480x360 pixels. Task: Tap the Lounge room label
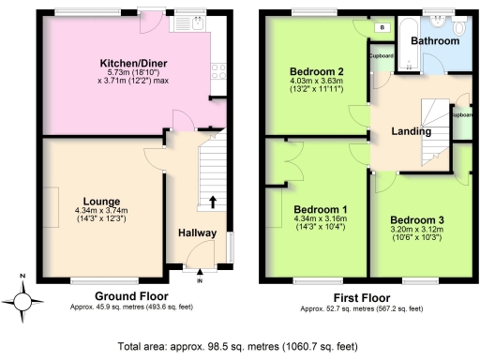[100, 201]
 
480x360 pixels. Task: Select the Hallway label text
[198, 233]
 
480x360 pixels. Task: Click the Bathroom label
[439, 41]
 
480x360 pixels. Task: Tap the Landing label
[410, 132]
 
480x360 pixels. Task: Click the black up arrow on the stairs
[212, 201]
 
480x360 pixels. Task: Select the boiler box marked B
[381, 27]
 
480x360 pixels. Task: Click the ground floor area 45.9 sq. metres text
[129, 307]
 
